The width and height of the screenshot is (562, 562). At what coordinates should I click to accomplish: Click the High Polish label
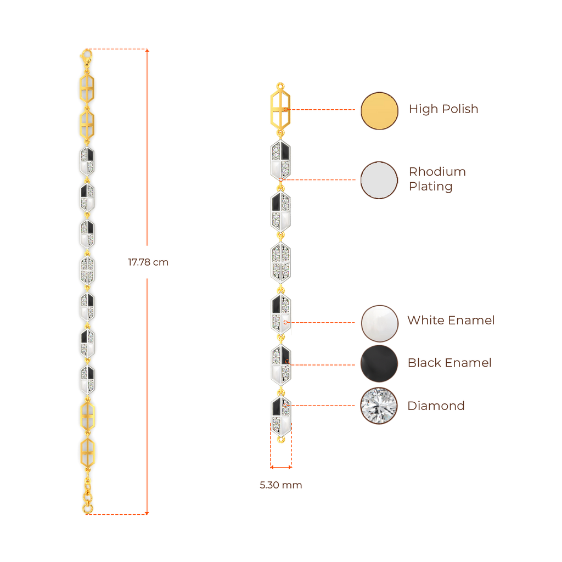[x=443, y=109]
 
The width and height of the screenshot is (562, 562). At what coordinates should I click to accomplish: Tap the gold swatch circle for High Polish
[x=379, y=110]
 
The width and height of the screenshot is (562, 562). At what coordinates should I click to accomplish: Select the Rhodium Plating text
[x=437, y=179]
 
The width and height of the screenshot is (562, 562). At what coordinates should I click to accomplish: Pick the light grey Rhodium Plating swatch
[x=379, y=180]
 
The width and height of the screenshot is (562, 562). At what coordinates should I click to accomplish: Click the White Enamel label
[x=451, y=320]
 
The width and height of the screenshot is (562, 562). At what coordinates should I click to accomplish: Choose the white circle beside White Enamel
[x=379, y=323]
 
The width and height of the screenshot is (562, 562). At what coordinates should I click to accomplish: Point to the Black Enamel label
[x=449, y=363]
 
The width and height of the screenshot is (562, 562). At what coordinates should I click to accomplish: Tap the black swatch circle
[x=379, y=363]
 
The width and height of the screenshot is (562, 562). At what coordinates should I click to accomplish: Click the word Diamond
[x=436, y=406]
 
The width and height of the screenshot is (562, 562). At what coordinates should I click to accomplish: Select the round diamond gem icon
[x=379, y=406]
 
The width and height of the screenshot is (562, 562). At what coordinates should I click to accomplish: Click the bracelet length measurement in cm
[x=148, y=262]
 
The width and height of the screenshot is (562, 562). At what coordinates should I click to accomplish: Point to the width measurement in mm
[x=280, y=485]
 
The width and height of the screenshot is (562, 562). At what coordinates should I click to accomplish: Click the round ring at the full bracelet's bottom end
[x=88, y=509]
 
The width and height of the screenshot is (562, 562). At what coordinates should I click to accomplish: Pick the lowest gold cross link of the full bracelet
[x=87, y=452]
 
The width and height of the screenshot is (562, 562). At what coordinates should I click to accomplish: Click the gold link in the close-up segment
[x=280, y=108]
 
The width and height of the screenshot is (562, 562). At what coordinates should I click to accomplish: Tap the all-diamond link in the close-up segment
[x=280, y=262]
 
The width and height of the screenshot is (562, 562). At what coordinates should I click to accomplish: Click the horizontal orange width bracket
[x=281, y=468]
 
